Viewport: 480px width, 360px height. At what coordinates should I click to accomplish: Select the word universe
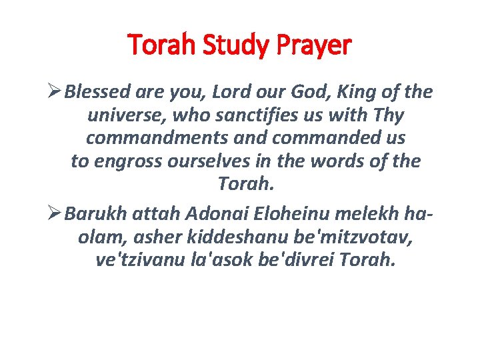click(x=126, y=115)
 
